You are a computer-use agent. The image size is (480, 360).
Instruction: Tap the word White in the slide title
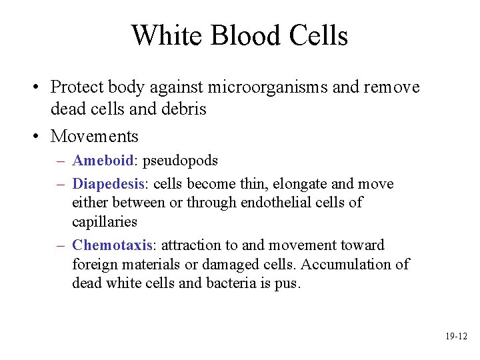pyautogui.click(x=166, y=35)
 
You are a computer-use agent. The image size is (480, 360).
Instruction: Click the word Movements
pyautogui.click(x=95, y=137)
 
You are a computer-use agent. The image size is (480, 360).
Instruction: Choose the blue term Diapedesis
pyautogui.click(x=108, y=184)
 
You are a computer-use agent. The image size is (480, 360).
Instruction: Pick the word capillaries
pyautogui.click(x=105, y=221)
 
